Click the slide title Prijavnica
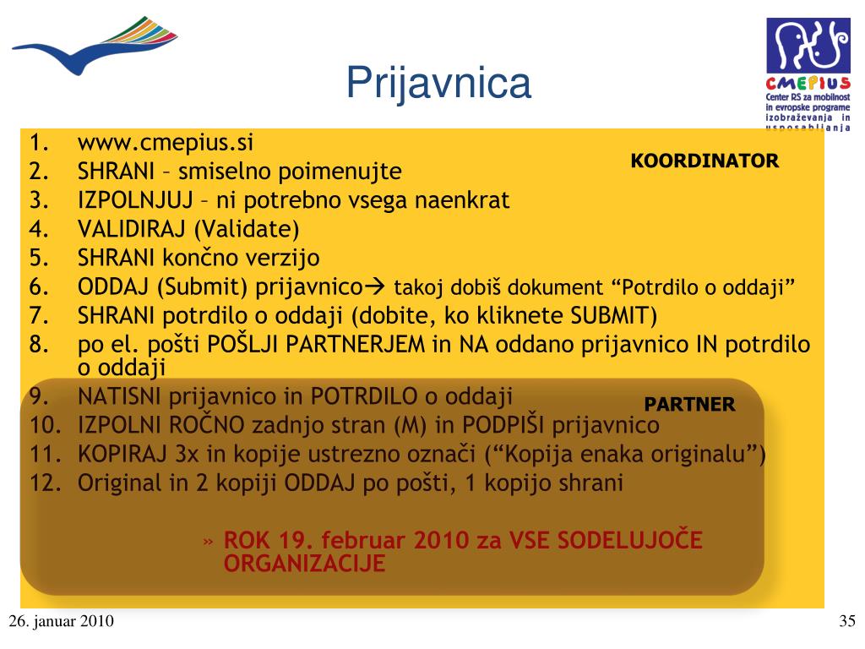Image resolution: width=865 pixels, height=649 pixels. (x=438, y=84)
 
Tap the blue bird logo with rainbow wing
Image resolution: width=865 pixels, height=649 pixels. (x=95, y=46)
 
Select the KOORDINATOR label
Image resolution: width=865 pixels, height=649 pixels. (x=705, y=161)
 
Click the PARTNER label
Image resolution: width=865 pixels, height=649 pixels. (x=689, y=405)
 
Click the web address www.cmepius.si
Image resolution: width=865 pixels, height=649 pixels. (x=166, y=143)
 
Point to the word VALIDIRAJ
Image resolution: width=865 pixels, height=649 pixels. (x=131, y=229)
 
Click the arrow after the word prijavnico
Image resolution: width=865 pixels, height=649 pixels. (x=375, y=286)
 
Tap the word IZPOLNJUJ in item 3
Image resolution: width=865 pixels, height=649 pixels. (x=135, y=199)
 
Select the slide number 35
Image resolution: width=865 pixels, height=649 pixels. (x=846, y=621)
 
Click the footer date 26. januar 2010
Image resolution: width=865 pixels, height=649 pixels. (x=61, y=621)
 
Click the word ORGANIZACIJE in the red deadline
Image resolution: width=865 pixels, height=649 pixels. (x=304, y=564)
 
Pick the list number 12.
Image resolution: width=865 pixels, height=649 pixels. (x=46, y=483)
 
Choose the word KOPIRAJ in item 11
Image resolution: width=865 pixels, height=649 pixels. (x=122, y=454)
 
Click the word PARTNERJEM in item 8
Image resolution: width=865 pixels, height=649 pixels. (x=356, y=345)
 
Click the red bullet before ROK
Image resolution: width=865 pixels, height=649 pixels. (x=208, y=542)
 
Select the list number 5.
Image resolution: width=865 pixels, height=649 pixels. (x=39, y=258)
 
